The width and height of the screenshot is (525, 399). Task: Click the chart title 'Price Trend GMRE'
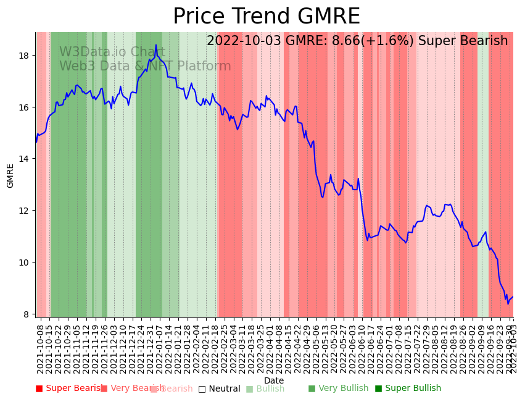[266, 17]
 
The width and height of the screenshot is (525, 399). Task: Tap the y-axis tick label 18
[25, 56]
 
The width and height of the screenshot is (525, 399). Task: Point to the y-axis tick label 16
[25, 107]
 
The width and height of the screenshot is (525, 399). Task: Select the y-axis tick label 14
[25, 159]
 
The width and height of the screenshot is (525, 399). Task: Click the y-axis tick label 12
[25, 211]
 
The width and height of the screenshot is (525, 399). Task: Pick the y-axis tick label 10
[25, 262]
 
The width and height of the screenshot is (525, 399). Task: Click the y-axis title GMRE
[10, 175]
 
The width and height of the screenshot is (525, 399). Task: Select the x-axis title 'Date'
[274, 380]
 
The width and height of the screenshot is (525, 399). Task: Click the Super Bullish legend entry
[408, 388]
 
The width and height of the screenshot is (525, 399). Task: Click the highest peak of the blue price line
[156, 44]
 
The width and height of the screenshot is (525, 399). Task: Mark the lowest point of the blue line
[508, 303]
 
